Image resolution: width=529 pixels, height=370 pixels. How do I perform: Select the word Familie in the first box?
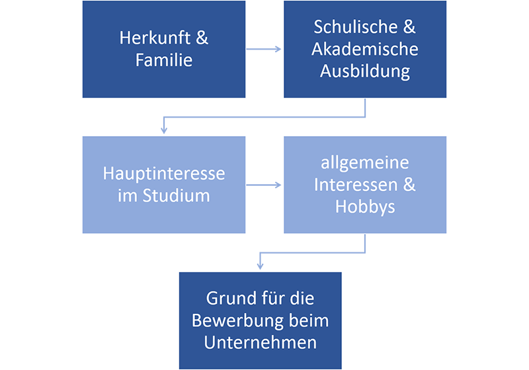(x=164, y=61)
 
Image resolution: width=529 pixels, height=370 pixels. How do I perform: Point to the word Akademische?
(x=365, y=50)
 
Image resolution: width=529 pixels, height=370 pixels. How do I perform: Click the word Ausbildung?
(x=365, y=71)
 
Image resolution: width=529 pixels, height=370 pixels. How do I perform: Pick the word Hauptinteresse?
(x=164, y=174)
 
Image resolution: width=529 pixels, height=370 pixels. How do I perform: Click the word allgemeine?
(x=365, y=163)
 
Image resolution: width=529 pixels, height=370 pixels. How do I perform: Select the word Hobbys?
(x=365, y=207)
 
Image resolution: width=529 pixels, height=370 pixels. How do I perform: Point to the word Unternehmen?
(x=260, y=343)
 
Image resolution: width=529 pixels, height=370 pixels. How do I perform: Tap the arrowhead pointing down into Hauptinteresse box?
(x=163, y=131)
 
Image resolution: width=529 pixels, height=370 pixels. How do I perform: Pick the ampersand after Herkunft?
(x=202, y=38)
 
